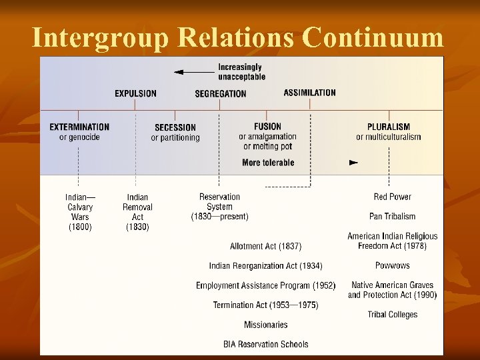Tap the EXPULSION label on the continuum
(x=135, y=93)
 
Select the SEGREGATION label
(x=221, y=93)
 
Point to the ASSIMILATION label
(x=310, y=93)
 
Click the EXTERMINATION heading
(x=79, y=127)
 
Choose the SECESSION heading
(x=175, y=127)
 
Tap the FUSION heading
(x=268, y=127)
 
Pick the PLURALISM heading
(x=389, y=127)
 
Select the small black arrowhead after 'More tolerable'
(x=354, y=163)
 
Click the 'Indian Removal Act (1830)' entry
(x=137, y=212)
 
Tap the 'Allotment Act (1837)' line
(x=265, y=246)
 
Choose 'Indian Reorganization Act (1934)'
(x=265, y=266)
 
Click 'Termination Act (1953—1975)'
(x=265, y=305)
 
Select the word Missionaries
(x=265, y=325)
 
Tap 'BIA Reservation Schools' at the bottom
(x=265, y=345)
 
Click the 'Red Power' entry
(x=392, y=197)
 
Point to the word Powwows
(x=392, y=266)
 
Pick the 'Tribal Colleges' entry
(x=392, y=315)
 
